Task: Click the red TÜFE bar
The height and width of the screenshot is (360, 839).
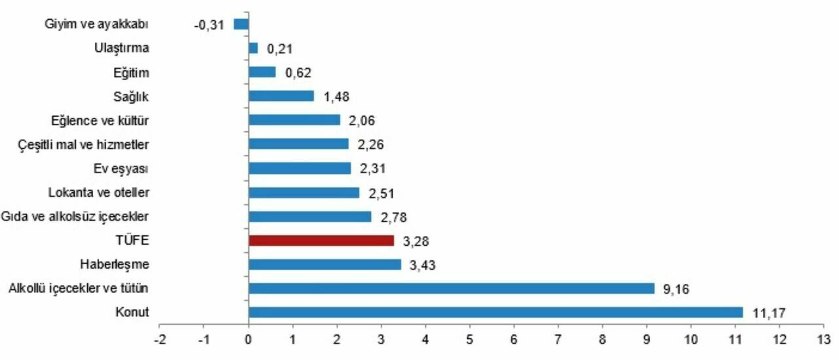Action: pos(321,241)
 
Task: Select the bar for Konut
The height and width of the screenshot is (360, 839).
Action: pos(496,313)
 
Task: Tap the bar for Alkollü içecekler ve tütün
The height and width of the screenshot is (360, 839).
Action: pos(451,289)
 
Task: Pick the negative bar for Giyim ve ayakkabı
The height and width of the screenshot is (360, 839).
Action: pos(241,24)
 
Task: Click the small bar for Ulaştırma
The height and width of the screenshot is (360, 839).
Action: pos(253,48)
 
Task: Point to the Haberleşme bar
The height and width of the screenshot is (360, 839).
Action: pos(324,265)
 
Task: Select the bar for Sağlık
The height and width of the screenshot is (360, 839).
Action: pos(281,96)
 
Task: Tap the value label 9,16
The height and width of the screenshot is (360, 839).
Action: pos(676,289)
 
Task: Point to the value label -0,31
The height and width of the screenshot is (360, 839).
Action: pos(209,24)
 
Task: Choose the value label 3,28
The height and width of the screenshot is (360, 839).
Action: pos(416,241)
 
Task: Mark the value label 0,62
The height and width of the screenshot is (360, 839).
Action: pos(298,72)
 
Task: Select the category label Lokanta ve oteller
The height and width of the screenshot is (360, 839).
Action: pos(99,193)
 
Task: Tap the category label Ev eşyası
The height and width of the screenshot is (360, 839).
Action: pos(121,169)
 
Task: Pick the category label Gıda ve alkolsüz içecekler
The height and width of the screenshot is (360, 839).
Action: pos(75,216)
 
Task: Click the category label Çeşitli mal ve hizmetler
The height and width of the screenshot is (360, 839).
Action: pos(84,144)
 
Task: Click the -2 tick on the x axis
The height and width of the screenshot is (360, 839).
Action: pos(159,340)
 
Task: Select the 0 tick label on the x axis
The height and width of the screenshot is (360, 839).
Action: pos(248,340)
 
